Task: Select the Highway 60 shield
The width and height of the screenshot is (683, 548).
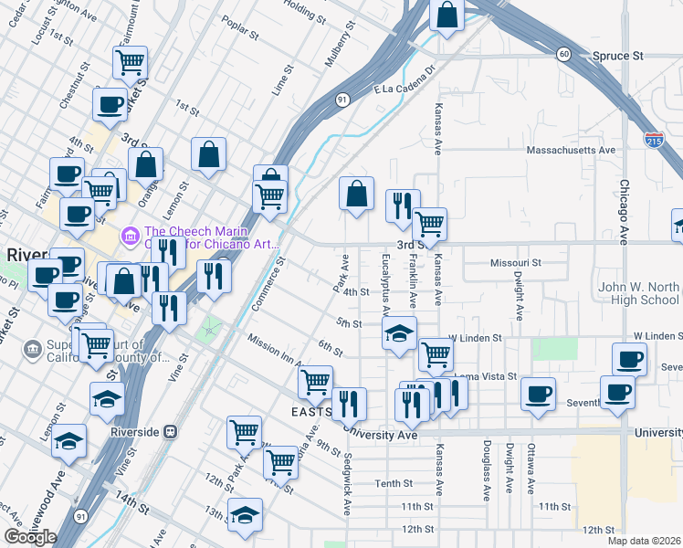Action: click(565, 55)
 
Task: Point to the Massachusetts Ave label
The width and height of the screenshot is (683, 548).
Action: click(572, 149)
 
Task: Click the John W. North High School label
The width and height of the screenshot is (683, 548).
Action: click(639, 293)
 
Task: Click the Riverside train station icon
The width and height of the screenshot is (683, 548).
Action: click(168, 431)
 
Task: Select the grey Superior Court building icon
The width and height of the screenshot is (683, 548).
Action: click(33, 348)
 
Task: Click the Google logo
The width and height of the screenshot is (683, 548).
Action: click(30, 537)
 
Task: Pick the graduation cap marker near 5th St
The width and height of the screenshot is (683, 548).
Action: click(399, 334)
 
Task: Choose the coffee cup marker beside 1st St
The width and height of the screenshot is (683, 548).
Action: click(110, 104)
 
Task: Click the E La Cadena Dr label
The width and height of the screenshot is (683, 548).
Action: click(406, 81)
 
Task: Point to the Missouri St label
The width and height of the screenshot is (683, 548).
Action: click(516, 262)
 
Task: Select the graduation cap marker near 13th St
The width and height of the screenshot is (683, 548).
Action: click(245, 514)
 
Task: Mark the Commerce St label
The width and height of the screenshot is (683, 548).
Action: click(268, 284)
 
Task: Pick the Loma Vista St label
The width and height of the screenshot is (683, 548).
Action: click(486, 376)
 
